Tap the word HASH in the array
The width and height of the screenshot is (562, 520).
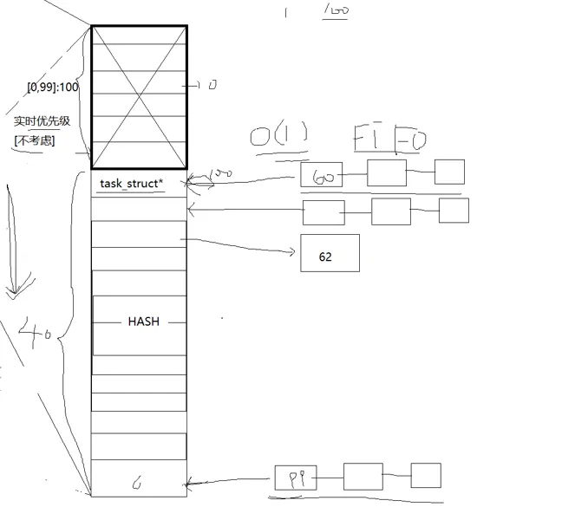point(143,322)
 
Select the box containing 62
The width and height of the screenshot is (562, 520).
point(330,253)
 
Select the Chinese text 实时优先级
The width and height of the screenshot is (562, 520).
point(42,121)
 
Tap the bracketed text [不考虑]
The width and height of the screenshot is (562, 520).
point(35,140)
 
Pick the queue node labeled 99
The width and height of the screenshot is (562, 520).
point(296,478)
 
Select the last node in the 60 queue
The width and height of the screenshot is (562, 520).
point(449,172)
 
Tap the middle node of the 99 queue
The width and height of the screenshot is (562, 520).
point(363,476)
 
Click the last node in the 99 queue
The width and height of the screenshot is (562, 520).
point(426,475)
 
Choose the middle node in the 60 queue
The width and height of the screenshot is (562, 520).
point(386,172)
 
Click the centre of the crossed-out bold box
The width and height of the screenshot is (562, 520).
point(139,97)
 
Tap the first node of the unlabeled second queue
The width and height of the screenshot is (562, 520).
point(323,212)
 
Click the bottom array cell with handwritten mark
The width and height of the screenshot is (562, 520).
point(139,479)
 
